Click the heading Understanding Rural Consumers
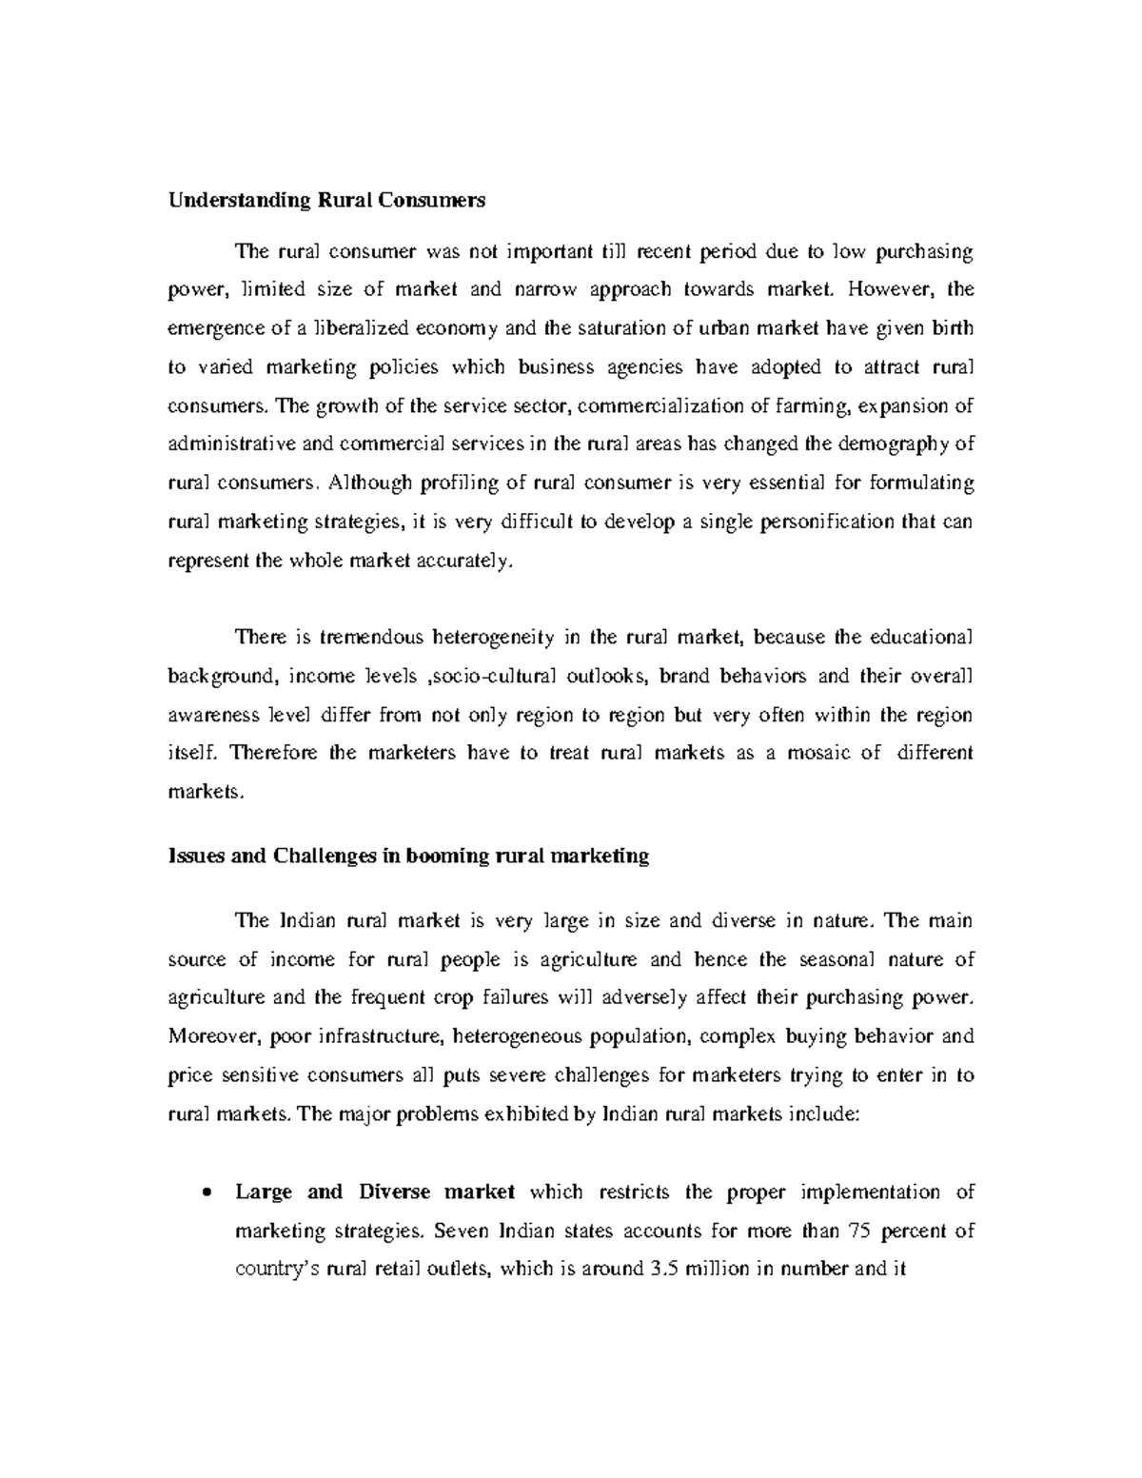click(326, 201)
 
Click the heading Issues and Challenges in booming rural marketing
click(408, 856)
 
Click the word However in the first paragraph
click(890, 289)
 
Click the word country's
click(276, 1270)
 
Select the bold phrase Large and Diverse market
click(376, 1192)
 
